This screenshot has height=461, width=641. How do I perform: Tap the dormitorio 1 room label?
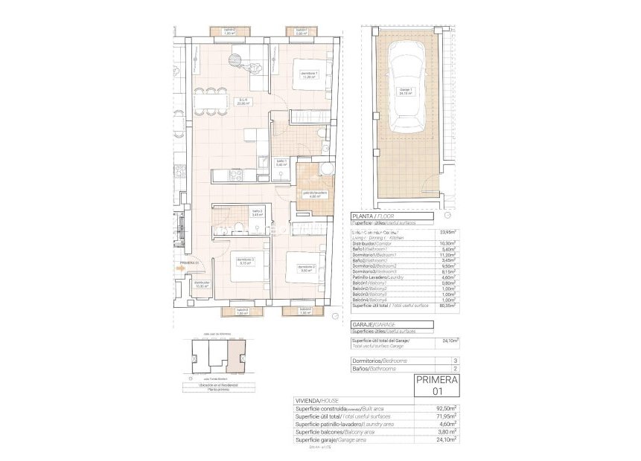tap(309, 74)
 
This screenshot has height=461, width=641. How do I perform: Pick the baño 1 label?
tap(282, 162)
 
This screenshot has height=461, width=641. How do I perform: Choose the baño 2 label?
tap(257, 213)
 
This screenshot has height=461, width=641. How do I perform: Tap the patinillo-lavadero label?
tap(314, 195)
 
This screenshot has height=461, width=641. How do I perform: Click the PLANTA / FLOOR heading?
tap(374, 216)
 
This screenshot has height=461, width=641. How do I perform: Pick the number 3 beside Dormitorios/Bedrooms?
tap(454, 361)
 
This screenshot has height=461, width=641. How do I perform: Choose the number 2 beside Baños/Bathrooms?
tap(454, 368)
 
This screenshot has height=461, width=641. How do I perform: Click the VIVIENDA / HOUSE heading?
tap(317, 400)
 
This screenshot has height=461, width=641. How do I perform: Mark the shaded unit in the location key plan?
tap(235, 360)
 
